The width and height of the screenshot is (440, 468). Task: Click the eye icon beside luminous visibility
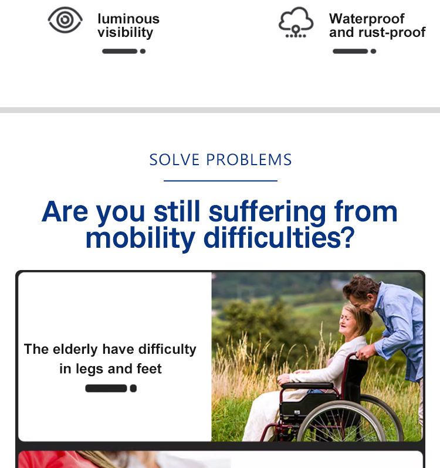[65, 20]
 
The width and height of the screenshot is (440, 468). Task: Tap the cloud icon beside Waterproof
[296, 22]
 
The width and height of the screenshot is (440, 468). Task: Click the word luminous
[128, 19]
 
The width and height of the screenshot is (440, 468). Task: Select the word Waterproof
[367, 19]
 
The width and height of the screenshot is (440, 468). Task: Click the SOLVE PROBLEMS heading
[221, 160]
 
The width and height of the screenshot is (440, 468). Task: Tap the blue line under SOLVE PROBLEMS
[221, 180]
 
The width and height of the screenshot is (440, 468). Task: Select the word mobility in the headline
[140, 238]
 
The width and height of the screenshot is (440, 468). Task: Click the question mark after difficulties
[348, 237]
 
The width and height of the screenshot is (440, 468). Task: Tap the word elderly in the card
[75, 350]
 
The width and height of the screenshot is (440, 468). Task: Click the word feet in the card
[149, 368]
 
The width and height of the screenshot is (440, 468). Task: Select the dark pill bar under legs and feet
[106, 388]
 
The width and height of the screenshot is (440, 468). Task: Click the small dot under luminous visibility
[143, 52]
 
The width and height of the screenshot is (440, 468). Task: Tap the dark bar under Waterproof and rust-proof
[350, 52]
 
